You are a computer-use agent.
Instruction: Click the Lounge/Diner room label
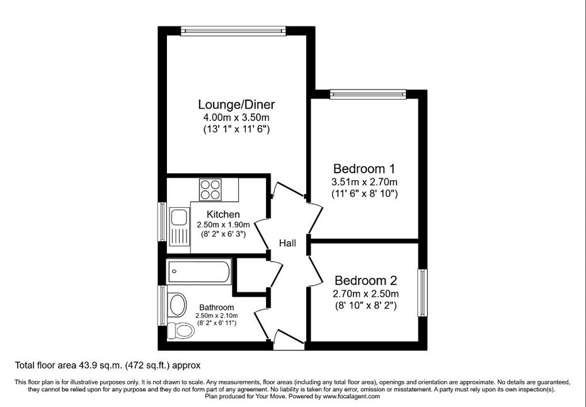236,105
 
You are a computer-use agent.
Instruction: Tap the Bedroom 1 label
364,169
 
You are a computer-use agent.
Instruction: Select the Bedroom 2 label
365,280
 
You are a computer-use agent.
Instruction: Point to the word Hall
287,243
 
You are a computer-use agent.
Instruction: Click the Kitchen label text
223,214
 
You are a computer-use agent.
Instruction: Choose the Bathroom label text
216,307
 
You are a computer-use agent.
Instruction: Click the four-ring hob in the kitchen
210,190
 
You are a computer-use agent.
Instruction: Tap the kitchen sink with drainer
180,226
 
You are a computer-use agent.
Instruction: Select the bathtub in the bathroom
199,272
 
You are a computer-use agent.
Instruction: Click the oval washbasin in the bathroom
178,304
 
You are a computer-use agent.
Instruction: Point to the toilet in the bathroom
180,330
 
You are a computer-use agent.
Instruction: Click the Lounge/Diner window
233,31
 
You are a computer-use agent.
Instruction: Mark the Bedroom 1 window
368,94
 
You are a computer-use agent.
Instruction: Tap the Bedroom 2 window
422,292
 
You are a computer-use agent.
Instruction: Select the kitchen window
162,222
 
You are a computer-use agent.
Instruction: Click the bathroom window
162,306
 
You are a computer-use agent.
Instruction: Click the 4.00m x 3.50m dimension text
236,118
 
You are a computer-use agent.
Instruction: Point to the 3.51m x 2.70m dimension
364,182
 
